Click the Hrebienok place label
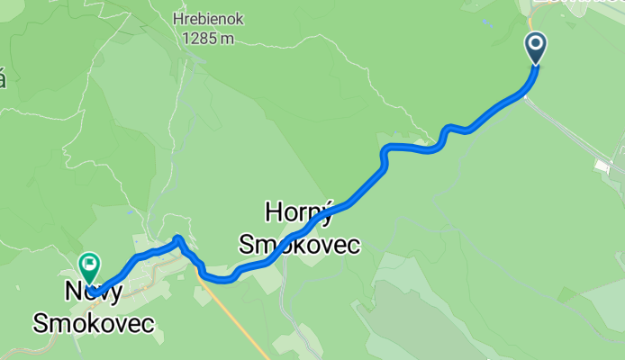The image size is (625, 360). (x=207, y=19)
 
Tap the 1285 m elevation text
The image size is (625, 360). (x=207, y=38)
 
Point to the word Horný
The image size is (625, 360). (x=298, y=212)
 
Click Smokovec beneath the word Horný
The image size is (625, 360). (x=298, y=244)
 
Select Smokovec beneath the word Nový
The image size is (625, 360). (x=94, y=323)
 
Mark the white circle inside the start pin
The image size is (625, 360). (x=536, y=43)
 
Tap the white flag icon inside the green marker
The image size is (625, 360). (x=89, y=265)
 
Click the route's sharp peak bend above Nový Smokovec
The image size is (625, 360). (x=178, y=238)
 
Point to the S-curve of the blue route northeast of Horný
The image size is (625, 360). (x=385, y=155)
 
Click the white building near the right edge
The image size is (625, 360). (x=602, y=165)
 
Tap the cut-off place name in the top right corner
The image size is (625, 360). (x=576, y=4)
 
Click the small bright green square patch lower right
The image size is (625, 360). (x=566, y=294)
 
